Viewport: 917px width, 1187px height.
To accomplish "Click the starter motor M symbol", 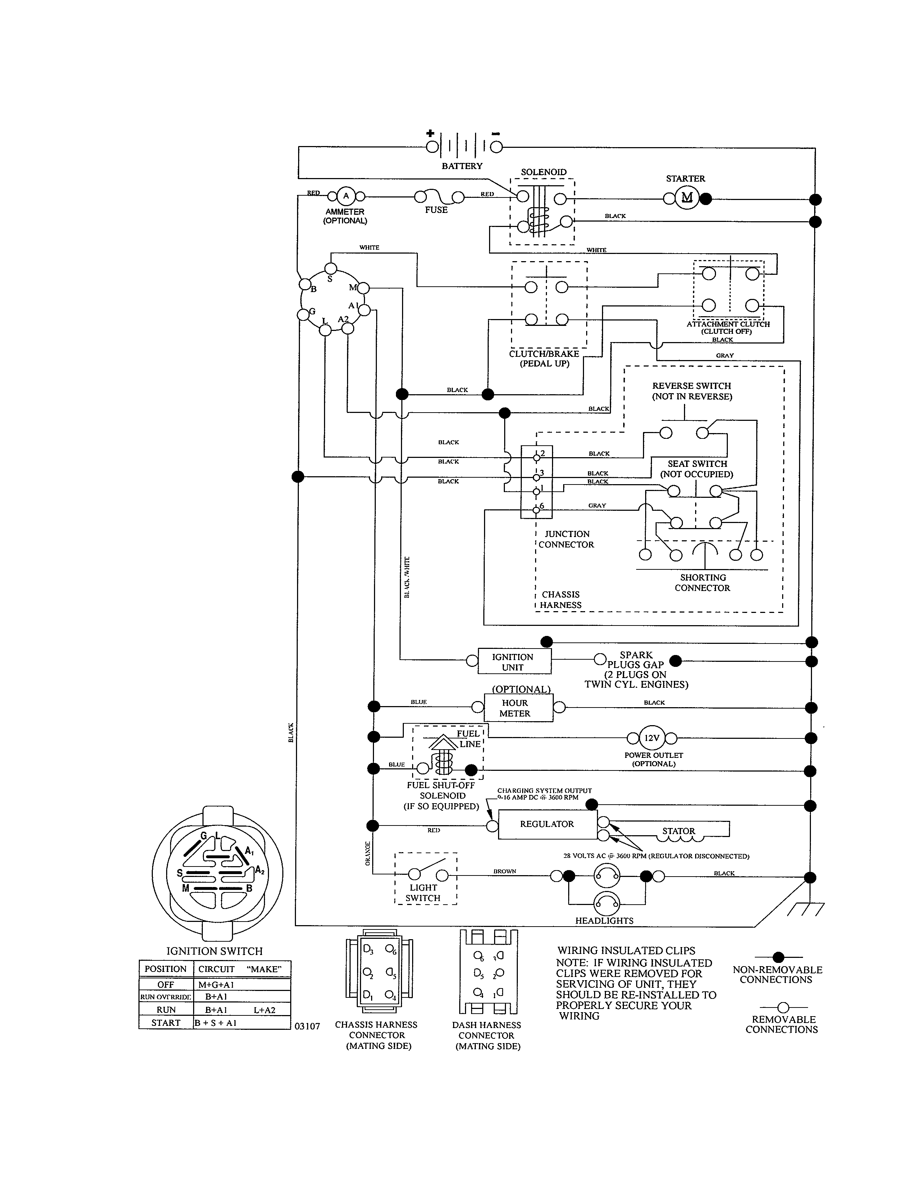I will click(x=686, y=198).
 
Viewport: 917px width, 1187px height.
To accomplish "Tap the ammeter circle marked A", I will click(x=346, y=196).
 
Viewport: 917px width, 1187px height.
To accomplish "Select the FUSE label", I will click(x=436, y=210).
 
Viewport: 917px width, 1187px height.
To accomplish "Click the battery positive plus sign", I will click(x=430, y=133).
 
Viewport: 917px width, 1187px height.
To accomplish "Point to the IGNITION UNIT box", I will click(x=514, y=661).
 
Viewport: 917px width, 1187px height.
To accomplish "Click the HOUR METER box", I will click(x=518, y=708).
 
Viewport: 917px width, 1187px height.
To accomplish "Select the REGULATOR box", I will click(x=547, y=824).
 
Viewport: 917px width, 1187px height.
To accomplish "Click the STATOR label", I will click(x=679, y=831).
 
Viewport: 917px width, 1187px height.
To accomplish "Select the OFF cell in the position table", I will click(x=166, y=984).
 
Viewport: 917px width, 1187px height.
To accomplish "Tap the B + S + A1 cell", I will click(x=216, y=1022).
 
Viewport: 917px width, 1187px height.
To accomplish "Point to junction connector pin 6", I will click(x=537, y=509).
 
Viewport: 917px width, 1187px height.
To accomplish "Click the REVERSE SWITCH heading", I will click(x=692, y=385).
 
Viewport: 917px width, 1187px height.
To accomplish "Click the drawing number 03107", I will click(x=307, y=1026).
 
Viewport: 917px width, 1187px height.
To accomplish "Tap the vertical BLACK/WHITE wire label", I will click(x=407, y=577).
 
